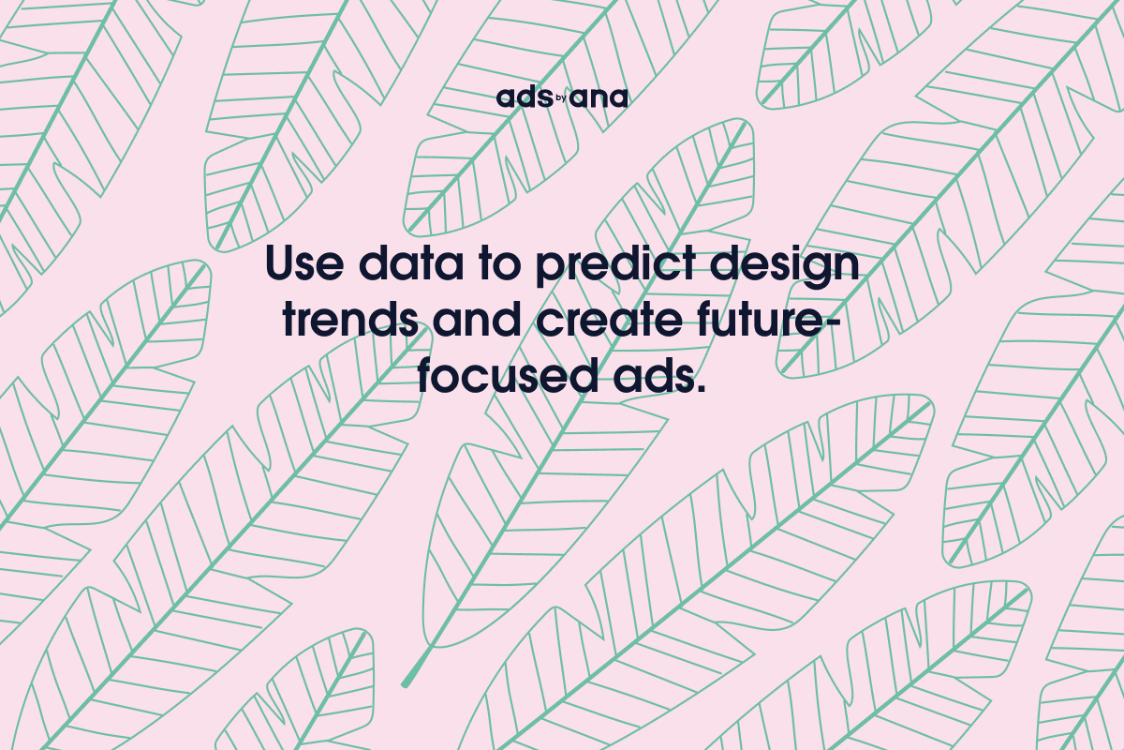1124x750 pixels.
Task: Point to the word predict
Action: tap(611, 266)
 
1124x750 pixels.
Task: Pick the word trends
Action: tap(350, 320)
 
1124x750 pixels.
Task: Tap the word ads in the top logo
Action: tap(521, 97)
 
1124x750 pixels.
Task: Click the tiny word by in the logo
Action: tap(560, 95)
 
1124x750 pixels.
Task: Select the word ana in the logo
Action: tap(599, 98)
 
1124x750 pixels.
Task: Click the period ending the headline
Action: tap(698, 387)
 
